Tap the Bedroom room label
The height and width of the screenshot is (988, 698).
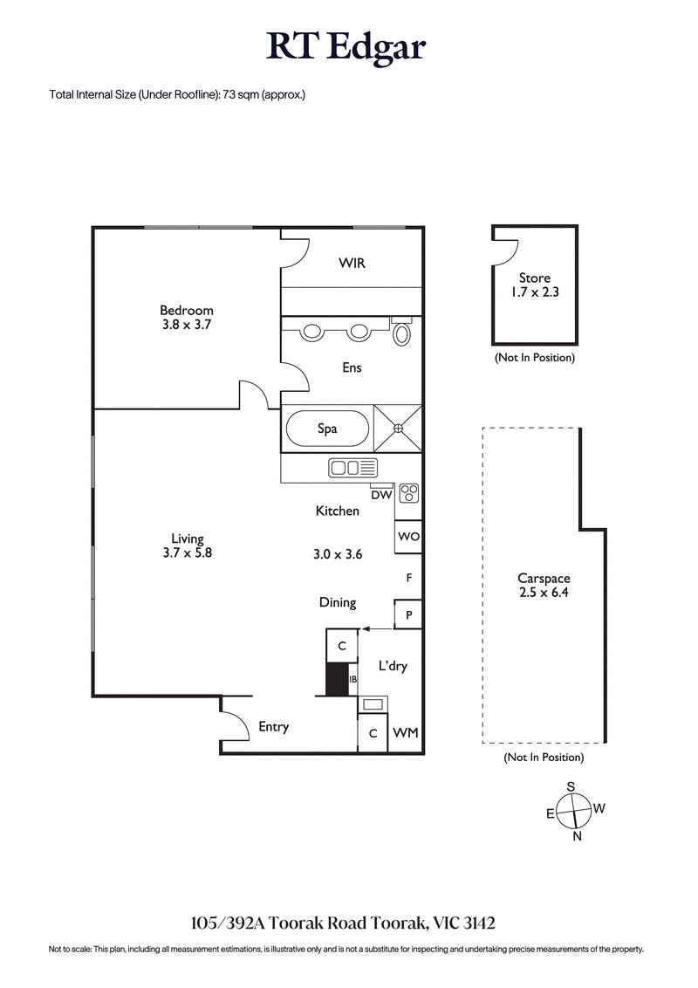coord(186,310)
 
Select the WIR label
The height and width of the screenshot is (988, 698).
coord(352,263)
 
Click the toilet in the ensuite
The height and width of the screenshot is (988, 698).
coord(402,333)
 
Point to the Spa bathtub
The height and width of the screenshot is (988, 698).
coord(327,429)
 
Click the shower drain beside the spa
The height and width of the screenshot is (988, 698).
coord(398,429)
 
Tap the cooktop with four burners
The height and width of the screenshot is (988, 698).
coord(409,494)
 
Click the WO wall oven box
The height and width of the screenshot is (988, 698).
coord(409,537)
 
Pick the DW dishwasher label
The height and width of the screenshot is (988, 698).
coord(380,495)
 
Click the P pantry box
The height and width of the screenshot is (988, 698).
coord(409,614)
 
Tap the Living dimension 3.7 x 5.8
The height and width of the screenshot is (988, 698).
coord(188,552)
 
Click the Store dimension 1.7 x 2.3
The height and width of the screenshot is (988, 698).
coord(535,292)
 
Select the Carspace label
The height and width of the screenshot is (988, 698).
coord(544,578)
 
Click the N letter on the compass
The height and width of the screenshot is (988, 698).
coord(577,836)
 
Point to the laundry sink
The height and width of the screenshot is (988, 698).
coord(373,704)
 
